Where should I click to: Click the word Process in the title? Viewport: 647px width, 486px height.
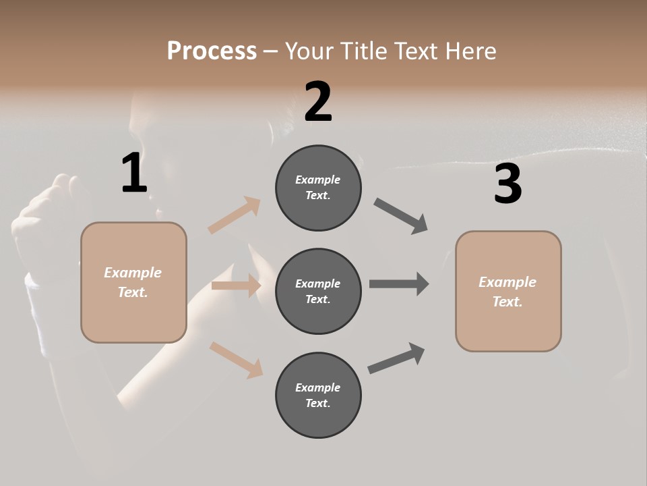[212, 51]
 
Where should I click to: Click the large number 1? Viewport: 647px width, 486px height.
[134, 173]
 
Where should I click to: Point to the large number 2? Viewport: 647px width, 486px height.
[318, 102]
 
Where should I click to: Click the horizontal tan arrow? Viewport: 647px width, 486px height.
[236, 286]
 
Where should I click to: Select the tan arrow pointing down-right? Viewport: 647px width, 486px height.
[236, 359]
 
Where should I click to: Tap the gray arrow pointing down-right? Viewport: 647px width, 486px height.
[401, 216]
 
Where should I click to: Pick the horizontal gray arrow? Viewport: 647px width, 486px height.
[399, 284]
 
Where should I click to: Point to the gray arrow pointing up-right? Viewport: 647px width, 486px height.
[396, 358]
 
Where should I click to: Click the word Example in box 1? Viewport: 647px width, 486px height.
[133, 273]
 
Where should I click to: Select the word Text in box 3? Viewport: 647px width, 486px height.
[507, 302]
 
